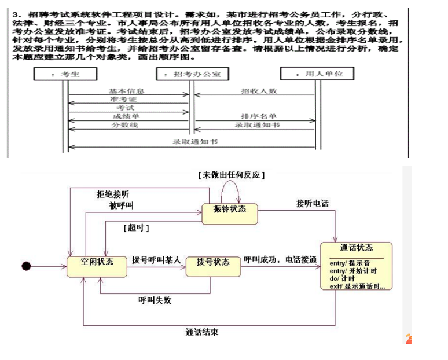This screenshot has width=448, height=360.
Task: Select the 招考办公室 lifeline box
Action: tap(192, 74)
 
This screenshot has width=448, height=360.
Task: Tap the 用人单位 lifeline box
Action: tap(316, 74)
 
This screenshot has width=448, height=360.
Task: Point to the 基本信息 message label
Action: tap(126, 91)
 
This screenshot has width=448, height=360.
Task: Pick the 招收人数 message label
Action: tap(258, 91)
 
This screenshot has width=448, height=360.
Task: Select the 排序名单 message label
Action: tap(258, 116)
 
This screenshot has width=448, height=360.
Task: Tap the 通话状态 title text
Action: tap(357, 248)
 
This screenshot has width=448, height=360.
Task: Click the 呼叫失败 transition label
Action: tap(155, 300)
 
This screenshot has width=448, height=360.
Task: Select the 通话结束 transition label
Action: tap(202, 332)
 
